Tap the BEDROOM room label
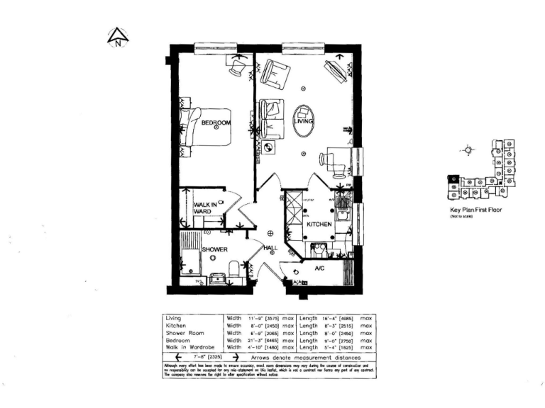(216, 123)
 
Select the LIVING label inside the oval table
(304, 121)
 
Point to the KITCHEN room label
(319, 224)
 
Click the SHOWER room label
(214, 250)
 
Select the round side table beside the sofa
(269, 147)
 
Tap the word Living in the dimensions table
(173, 319)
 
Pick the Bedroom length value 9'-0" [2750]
(341, 340)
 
